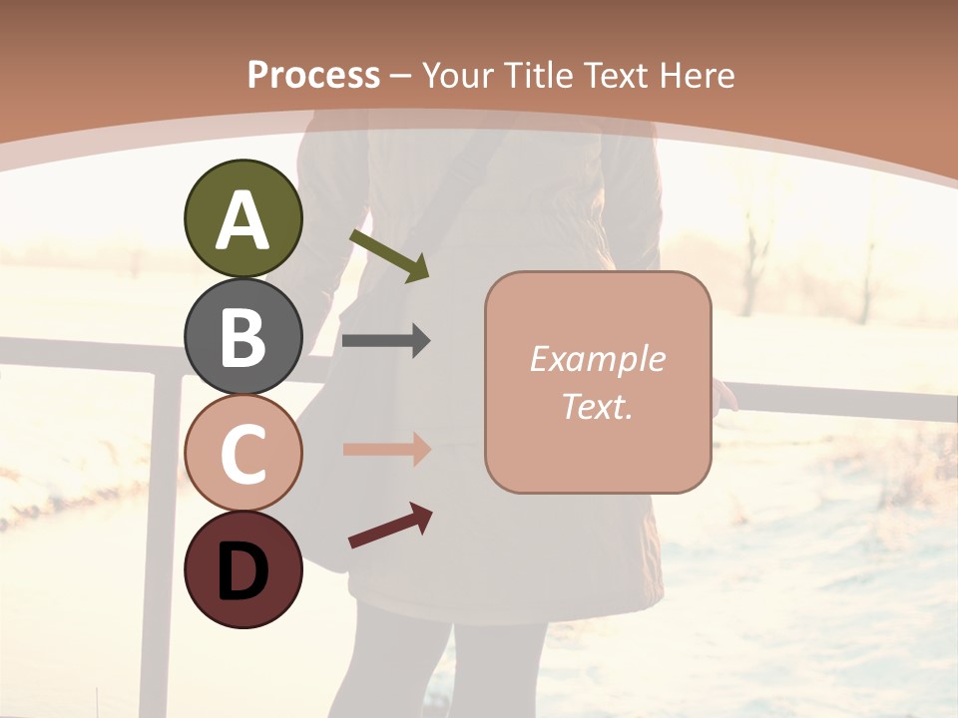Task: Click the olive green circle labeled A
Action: (x=242, y=218)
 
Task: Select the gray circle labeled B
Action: (x=242, y=336)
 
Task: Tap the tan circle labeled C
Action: (x=242, y=453)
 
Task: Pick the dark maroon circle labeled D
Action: (x=242, y=569)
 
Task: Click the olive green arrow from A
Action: (x=390, y=253)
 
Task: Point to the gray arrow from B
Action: (x=386, y=341)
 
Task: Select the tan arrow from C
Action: (x=386, y=449)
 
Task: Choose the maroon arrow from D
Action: (x=390, y=526)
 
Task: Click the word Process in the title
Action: (x=313, y=75)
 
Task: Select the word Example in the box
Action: (x=597, y=359)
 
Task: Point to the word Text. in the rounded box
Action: (x=597, y=406)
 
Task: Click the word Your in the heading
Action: (x=459, y=75)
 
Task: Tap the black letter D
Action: (x=242, y=571)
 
